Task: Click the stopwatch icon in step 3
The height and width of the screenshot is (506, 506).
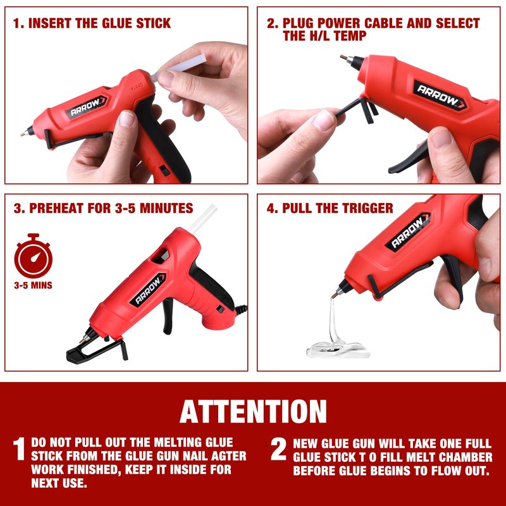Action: coord(34,256)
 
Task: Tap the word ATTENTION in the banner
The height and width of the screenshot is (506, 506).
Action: coord(253,412)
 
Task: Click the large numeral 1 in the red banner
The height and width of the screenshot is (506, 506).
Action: coord(19,449)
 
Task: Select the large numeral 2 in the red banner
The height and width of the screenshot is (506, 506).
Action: coord(278,449)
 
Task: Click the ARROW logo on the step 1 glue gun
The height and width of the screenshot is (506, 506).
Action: coord(87,106)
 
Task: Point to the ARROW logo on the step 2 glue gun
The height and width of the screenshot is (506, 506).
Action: coord(440,96)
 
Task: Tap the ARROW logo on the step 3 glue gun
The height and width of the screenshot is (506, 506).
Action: coord(148,290)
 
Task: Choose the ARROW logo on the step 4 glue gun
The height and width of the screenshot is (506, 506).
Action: coord(408,231)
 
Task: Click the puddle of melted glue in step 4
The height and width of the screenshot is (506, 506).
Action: coord(338,350)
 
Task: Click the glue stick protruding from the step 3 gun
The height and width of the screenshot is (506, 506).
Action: coord(202,218)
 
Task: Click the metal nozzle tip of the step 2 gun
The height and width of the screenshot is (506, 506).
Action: coord(344,58)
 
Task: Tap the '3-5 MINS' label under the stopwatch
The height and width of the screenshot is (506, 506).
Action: coord(34,285)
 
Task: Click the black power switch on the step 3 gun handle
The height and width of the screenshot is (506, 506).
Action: coord(220,309)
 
